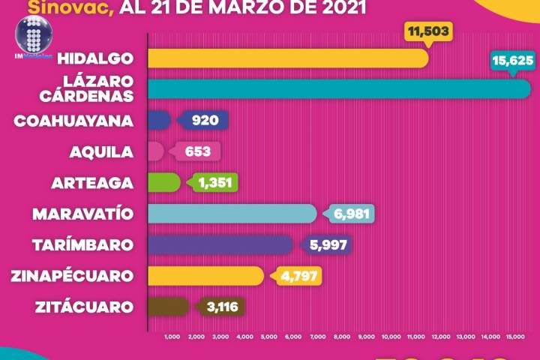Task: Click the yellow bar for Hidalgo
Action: click(x=288, y=58)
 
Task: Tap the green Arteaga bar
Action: click(x=164, y=182)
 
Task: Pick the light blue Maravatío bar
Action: click(x=232, y=214)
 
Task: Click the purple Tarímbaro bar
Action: click(x=220, y=244)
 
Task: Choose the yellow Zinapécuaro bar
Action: click(x=206, y=275)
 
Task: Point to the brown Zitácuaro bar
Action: click(x=169, y=306)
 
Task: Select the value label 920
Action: click(x=203, y=120)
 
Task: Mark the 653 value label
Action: click(x=198, y=151)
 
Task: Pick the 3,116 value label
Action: click(x=221, y=306)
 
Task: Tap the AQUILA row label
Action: click(x=101, y=151)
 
